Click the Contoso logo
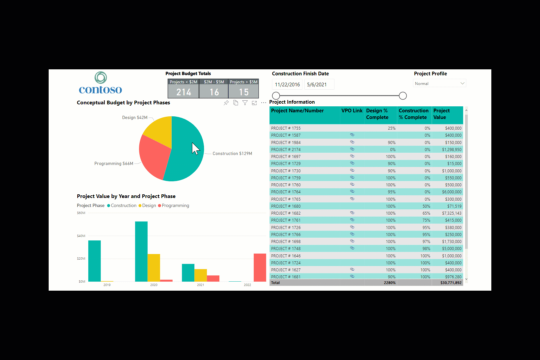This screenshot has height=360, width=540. [x=100, y=83]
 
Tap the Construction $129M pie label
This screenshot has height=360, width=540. [x=232, y=154]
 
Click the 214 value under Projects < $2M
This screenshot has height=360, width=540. [x=183, y=92]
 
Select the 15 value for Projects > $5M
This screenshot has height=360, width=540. [x=244, y=92]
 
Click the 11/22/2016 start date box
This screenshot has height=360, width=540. [x=287, y=85]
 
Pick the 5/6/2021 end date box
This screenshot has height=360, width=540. [x=319, y=85]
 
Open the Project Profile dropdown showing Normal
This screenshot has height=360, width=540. [x=439, y=83]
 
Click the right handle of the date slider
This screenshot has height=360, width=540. [x=403, y=96]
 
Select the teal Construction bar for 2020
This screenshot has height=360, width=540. [x=141, y=251]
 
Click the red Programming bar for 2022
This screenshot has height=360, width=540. [x=260, y=267]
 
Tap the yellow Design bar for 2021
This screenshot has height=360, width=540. [x=200, y=275]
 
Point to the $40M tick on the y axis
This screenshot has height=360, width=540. [x=81, y=236]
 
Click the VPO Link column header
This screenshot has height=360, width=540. [x=352, y=111]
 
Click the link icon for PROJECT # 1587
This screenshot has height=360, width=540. [x=352, y=135]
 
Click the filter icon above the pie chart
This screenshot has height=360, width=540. [x=245, y=103]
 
